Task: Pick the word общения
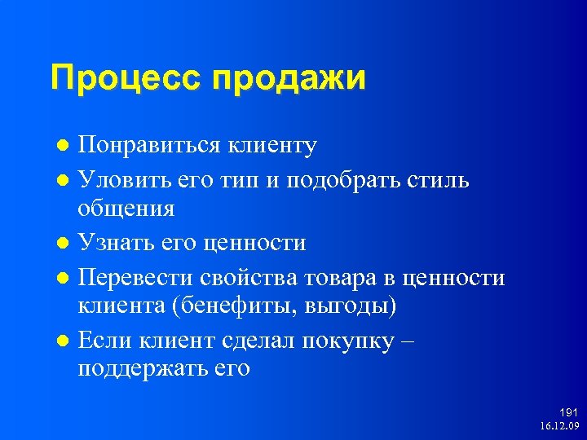[x=126, y=209]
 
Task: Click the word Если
[x=102, y=341]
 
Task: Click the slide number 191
[x=568, y=413]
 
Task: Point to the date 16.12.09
[x=558, y=426]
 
